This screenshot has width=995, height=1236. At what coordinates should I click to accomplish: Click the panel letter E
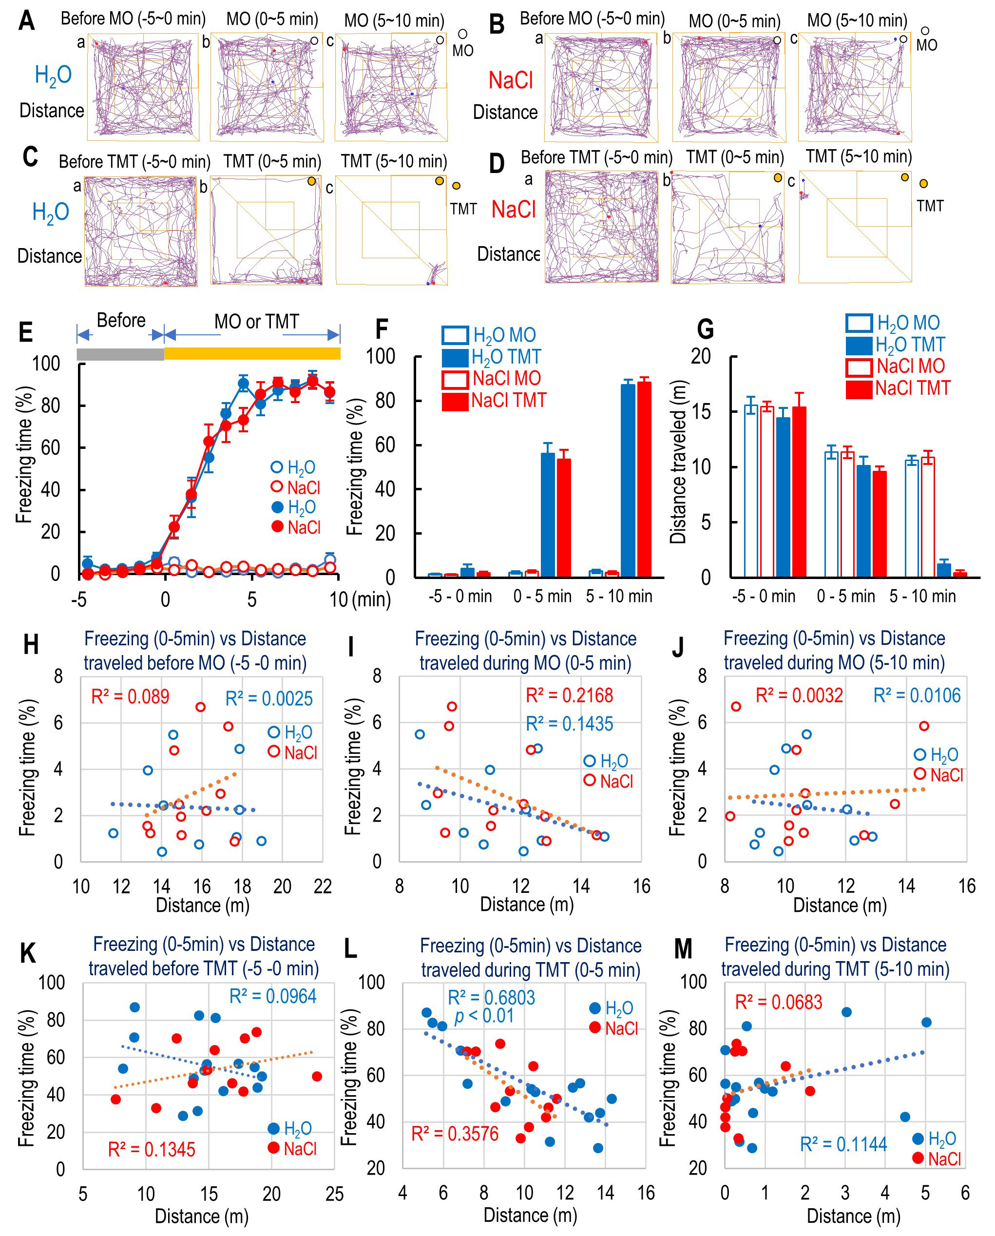[26, 333]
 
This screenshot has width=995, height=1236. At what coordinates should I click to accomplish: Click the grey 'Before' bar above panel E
[120, 354]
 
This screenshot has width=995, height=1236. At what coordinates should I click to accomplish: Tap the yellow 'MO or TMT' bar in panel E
[252, 354]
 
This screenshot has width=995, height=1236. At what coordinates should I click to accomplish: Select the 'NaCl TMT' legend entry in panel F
[494, 400]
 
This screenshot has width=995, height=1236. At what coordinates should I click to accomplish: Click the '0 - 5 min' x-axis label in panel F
[542, 596]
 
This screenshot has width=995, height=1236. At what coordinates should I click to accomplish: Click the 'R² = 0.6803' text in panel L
[491, 998]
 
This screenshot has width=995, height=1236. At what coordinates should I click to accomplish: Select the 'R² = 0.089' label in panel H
[130, 696]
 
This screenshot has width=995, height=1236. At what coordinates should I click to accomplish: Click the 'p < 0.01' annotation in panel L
[484, 1016]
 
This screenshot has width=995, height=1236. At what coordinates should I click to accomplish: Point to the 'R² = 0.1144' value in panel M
[843, 1144]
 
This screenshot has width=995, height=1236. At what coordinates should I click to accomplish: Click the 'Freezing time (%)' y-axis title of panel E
[24, 454]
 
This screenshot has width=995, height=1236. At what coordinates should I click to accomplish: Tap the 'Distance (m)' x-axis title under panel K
[201, 1216]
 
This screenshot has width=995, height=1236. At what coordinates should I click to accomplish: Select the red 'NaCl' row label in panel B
[510, 80]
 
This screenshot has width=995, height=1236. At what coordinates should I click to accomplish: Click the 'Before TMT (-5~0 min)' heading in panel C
[134, 162]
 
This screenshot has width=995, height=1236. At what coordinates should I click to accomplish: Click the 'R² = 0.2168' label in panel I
[569, 695]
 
